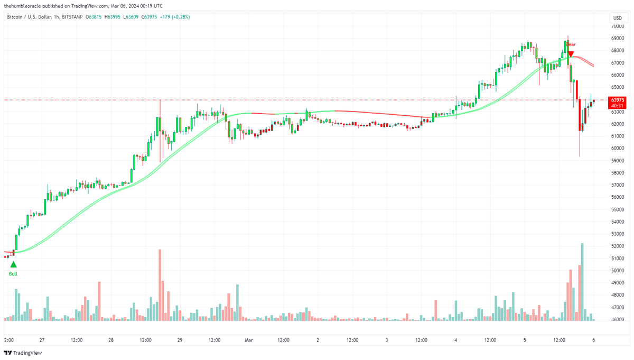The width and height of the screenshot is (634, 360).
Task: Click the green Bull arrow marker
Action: [13, 263]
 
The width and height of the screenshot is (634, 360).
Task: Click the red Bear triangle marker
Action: [571, 54]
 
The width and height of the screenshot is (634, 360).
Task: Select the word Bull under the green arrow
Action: [13, 273]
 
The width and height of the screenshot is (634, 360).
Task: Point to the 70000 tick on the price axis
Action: [617, 26]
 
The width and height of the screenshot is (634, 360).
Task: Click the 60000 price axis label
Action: [617, 148]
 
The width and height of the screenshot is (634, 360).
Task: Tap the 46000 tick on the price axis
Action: [617, 319]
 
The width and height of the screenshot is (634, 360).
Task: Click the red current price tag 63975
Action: [617, 100]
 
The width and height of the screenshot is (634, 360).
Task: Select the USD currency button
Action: [617, 17]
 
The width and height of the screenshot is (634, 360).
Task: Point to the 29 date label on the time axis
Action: [180, 340]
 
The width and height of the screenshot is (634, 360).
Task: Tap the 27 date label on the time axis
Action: [42, 340]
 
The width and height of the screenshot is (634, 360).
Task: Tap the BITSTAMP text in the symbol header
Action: [72, 17]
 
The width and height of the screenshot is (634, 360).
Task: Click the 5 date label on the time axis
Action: [525, 340]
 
